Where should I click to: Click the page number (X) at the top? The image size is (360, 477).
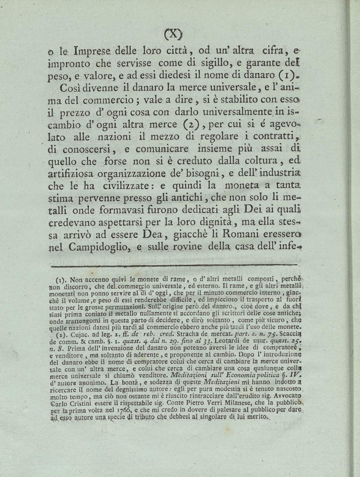pyautogui.click(x=173, y=35)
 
